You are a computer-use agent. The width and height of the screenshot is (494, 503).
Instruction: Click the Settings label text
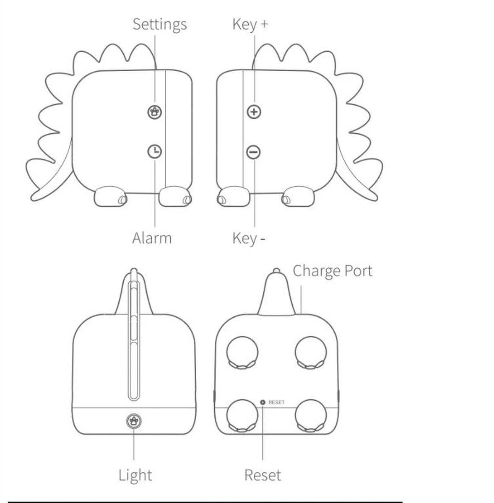159,24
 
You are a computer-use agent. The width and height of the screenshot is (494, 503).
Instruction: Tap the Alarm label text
152,238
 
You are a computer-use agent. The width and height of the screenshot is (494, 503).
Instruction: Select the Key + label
250,24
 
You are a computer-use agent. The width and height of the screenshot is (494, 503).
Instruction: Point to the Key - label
249,238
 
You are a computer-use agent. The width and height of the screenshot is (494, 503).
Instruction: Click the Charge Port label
332,271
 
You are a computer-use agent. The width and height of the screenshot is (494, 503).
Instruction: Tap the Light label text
135,475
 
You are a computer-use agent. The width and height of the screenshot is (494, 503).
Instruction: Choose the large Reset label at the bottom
263,475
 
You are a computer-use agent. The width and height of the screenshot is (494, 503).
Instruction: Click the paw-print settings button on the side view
155,112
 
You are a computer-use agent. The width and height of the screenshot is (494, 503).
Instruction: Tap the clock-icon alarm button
155,151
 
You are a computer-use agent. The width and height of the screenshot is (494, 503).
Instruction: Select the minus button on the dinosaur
254,152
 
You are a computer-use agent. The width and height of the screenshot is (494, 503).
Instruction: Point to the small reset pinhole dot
263,402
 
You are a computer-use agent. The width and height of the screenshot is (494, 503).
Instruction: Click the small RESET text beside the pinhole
276,402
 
